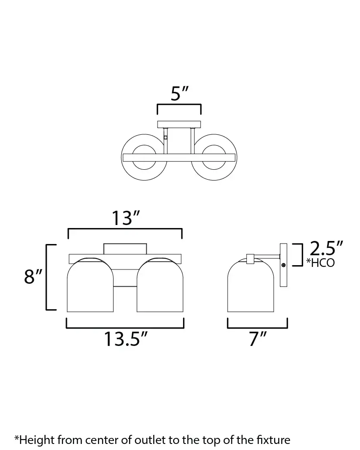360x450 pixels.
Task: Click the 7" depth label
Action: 258,339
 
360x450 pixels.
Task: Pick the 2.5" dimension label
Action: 326,250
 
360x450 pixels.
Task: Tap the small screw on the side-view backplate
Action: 284,265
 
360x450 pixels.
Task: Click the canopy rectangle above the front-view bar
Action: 125,249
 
